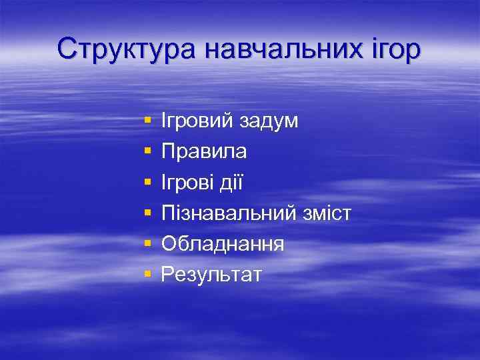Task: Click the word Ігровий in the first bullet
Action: [198, 121]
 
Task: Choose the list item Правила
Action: [204, 152]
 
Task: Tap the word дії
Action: [233, 182]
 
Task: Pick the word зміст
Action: [325, 213]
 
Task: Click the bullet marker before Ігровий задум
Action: [147, 122]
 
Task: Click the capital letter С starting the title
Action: [67, 49]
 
